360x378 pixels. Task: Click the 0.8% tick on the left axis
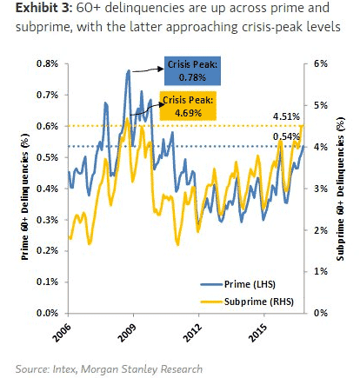click(x=46, y=64)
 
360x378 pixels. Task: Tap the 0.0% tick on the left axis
click(x=46, y=312)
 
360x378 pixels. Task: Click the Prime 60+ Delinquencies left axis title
click(x=21, y=188)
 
